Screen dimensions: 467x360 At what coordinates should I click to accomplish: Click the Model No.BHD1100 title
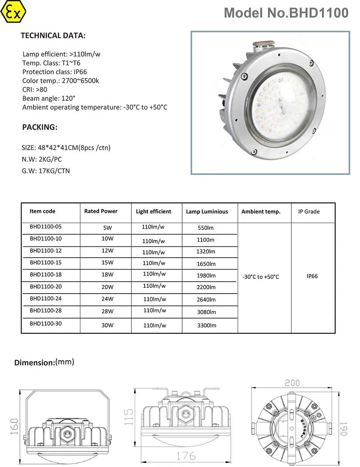pyautogui.click(x=286, y=13)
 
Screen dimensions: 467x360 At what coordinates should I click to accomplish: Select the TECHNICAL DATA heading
pyautogui.click(x=53, y=36)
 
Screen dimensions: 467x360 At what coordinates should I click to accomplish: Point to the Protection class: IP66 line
pyautogui.click(x=54, y=72)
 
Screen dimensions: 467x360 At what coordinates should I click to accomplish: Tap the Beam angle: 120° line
pyautogui.click(x=49, y=99)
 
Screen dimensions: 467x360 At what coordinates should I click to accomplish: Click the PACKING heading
pyautogui.click(x=40, y=127)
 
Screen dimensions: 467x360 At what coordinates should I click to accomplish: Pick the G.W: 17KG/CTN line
pyautogui.click(x=46, y=171)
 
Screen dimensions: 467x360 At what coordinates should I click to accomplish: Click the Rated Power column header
pyautogui.click(x=101, y=211)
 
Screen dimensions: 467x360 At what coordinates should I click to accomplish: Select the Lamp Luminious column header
pyautogui.click(x=207, y=212)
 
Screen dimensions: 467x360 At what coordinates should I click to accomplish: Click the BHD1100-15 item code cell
pyautogui.click(x=46, y=263)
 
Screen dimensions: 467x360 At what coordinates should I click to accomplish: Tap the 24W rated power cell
pyautogui.click(x=107, y=299)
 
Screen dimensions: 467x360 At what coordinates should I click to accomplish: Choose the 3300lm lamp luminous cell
pyautogui.click(x=207, y=325)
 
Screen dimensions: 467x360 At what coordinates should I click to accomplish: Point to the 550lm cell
pyautogui.click(x=206, y=228)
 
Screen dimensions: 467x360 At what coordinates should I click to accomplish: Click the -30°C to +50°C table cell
pyautogui.click(x=261, y=277)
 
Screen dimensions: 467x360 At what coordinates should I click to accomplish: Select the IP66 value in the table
pyautogui.click(x=312, y=276)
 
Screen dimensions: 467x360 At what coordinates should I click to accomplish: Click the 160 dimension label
pyautogui.click(x=14, y=426)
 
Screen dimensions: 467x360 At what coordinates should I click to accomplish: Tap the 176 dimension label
pyautogui.click(x=186, y=456)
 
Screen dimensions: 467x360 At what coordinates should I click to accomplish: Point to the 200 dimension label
pyautogui.click(x=292, y=383)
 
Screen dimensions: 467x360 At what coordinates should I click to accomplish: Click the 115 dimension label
pyautogui.click(x=129, y=417)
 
